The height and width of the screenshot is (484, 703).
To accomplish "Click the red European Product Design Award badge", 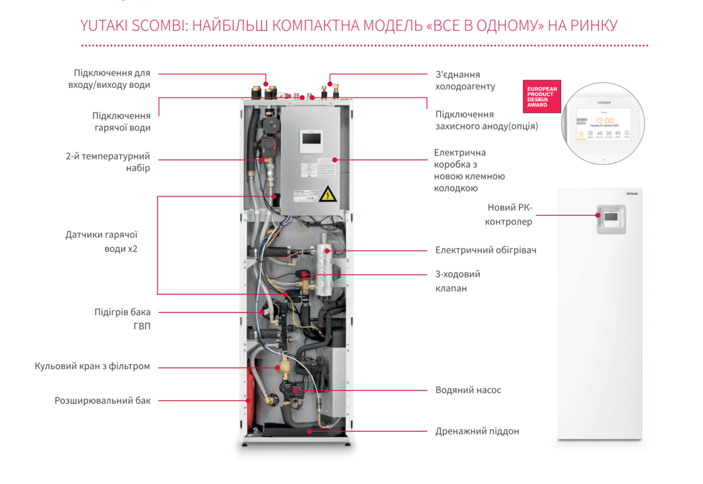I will [x=541, y=97].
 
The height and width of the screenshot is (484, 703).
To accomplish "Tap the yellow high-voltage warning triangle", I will [x=327, y=194].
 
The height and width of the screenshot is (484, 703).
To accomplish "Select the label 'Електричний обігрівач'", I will [x=485, y=250].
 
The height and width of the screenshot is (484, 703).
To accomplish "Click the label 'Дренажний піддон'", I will [x=477, y=431].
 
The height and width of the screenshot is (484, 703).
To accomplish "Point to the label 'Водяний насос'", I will [x=468, y=390].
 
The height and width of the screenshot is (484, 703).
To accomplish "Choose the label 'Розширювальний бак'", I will [x=102, y=400].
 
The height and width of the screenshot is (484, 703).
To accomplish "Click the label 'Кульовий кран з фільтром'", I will [x=92, y=366].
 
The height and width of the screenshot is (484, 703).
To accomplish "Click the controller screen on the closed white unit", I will [x=611, y=218].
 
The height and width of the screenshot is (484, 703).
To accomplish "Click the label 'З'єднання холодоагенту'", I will [x=465, y=80].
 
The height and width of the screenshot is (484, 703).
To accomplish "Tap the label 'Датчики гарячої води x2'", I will [x=101, y=242].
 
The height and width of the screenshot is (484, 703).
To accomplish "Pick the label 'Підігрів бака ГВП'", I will [x=122, y=319].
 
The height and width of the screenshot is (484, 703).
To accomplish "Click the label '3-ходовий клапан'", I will [x=457, y=281].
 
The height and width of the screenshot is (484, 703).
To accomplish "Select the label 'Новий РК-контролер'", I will [x=509, y=215].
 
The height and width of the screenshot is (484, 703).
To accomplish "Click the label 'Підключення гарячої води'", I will [x=122, y=121].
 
